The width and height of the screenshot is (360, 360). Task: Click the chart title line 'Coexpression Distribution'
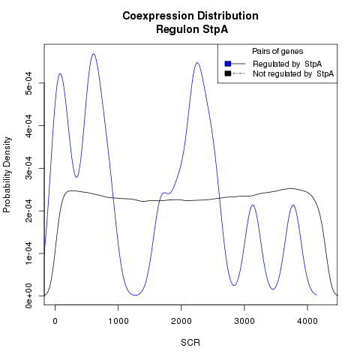[x=190, y=16]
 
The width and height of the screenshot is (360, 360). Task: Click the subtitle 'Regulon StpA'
[x=192, y=29]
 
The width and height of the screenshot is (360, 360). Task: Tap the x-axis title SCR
[x=190, y=343]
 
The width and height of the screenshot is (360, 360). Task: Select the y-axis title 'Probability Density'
[x=7, y=175]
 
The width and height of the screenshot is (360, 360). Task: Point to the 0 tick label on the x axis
[x=55, y=321]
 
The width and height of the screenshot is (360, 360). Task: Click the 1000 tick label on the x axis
[x=118, y=321]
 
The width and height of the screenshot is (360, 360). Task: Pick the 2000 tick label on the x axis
[x=181, y=321]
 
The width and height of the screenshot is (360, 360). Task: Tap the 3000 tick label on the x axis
[x=244, y=321]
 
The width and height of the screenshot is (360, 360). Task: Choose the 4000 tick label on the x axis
[x=307, y=321]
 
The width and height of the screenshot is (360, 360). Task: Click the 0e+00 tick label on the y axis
[x=28, y=296]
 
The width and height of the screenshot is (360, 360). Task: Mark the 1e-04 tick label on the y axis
[x=28, y=253]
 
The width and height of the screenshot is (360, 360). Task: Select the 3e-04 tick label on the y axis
[x=28, y=168]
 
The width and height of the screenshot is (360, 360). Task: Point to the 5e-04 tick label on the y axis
[x=28, y=82]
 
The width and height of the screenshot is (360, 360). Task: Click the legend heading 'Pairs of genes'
[x=277, y=51]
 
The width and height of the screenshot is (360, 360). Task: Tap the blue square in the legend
[x=228, y=64]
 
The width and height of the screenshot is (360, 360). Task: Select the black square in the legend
[x=228, y=73]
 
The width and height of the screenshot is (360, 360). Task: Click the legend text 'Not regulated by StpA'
[x=293, y=73]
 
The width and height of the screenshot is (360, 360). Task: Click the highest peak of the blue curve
[x=94, y=54]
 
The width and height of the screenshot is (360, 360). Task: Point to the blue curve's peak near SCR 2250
[x=197, y=62]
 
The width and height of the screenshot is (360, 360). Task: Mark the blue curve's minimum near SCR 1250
[x=135, y=295]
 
